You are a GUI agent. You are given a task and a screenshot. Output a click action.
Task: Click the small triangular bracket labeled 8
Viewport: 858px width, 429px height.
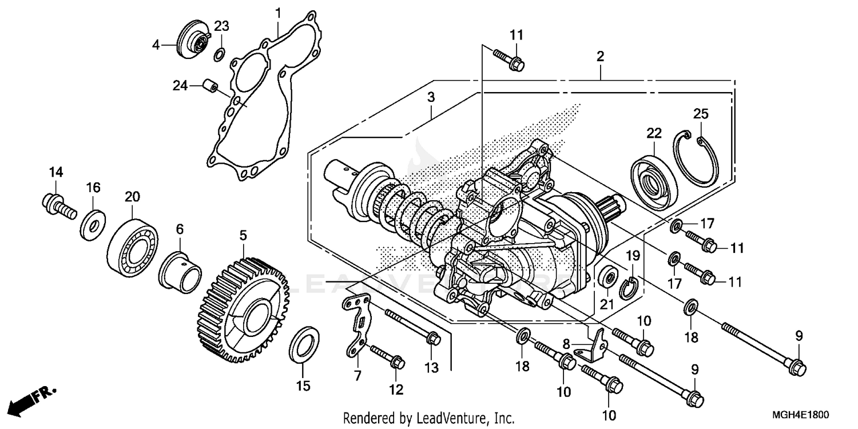(595, 345)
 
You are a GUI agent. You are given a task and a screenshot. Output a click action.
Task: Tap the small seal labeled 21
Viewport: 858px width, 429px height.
(607, 279)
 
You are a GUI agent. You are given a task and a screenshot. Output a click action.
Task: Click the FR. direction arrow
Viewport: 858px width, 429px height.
(33, 398)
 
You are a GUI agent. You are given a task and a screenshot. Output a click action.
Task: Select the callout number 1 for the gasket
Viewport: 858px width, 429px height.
(278, 13)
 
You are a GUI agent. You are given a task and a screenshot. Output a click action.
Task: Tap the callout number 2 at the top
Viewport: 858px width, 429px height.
(599, 56)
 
